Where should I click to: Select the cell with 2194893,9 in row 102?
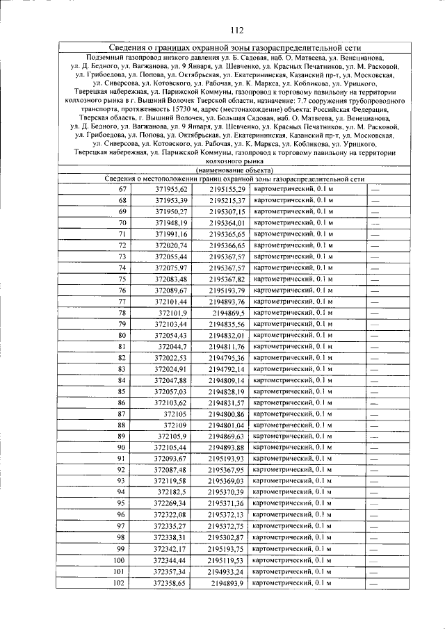[x=228, y=582]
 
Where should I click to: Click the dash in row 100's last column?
[x=374, y=559]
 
